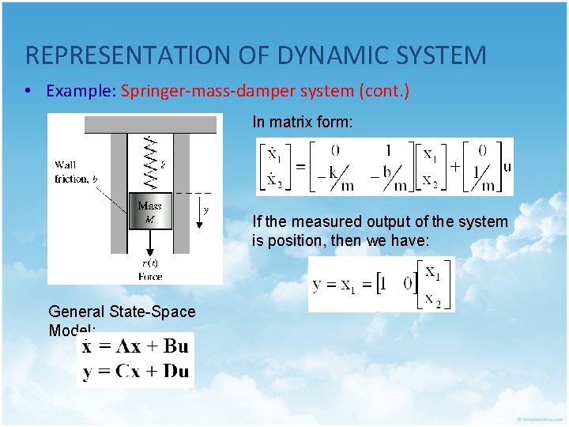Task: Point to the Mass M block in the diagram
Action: coord(149,211)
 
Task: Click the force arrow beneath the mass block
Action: coord(149,242)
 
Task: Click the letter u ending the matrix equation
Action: coord(507,167)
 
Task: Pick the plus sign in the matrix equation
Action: coord(455,167)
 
